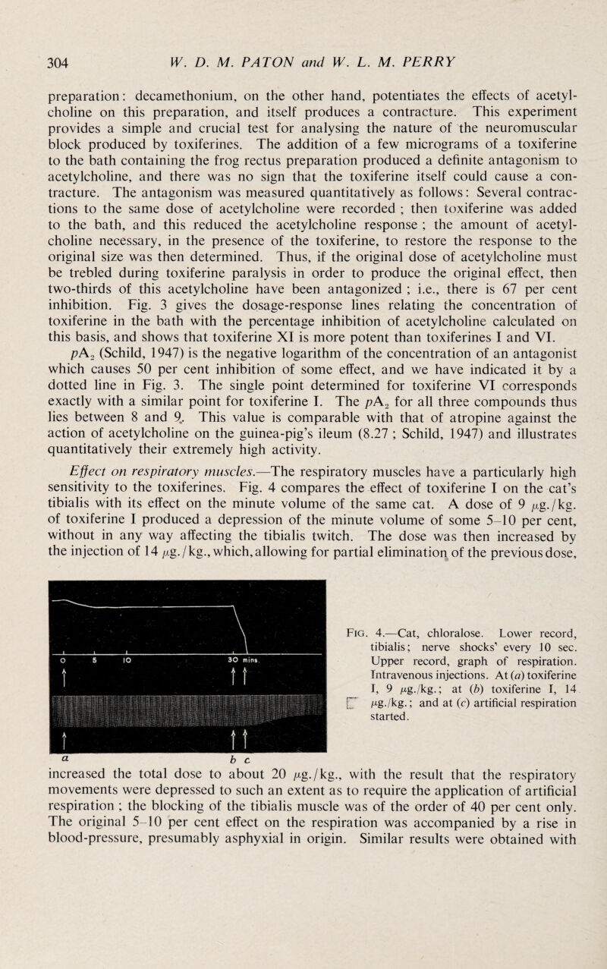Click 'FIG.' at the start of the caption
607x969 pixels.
356,565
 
